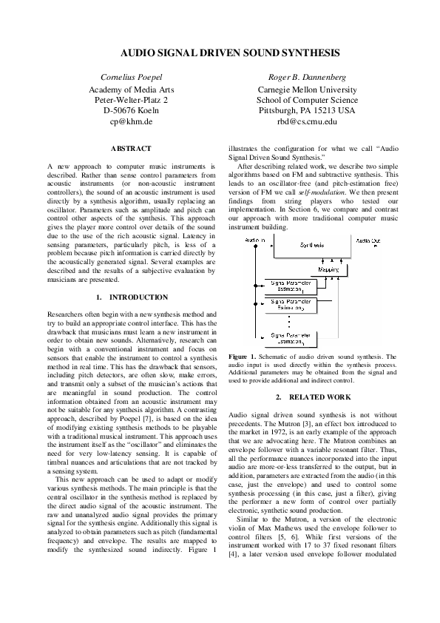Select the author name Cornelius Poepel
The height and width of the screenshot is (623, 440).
[x=131, y=77]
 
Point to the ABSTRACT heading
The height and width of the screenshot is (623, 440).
[x=130, y=149]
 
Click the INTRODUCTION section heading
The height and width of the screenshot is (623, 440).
[x=138, y=297]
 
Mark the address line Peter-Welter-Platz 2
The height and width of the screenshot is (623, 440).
[x=131, y=99]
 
